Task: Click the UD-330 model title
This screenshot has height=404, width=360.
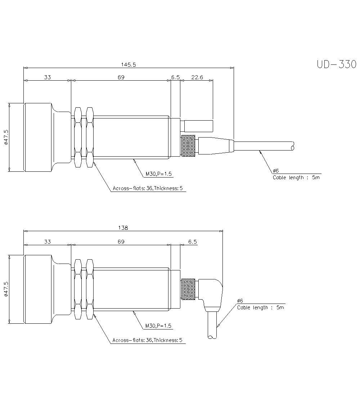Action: pos(336,64)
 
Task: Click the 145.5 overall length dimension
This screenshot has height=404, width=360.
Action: pos(128,65)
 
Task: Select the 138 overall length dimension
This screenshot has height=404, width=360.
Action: pos(123,228)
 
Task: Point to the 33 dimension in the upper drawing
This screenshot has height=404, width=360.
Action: pos(47,77)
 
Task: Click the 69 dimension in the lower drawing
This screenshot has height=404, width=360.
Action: pos(121,242)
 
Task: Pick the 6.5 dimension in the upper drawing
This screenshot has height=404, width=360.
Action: pos(175,77)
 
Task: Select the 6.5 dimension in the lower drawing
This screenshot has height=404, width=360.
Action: pos(193,242)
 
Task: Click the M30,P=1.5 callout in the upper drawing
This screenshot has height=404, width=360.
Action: pos(159,174)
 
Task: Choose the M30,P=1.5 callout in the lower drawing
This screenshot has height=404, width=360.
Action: pos(158,326)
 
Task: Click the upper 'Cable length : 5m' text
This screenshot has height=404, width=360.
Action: pos(296,178)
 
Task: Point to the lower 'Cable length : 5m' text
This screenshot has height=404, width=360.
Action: pos(260,308)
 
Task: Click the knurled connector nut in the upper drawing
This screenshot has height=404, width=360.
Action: pos(188,146)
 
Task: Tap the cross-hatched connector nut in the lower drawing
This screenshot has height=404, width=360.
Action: pos(188,289)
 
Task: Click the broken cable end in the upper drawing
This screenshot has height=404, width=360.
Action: pos(293,146)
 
